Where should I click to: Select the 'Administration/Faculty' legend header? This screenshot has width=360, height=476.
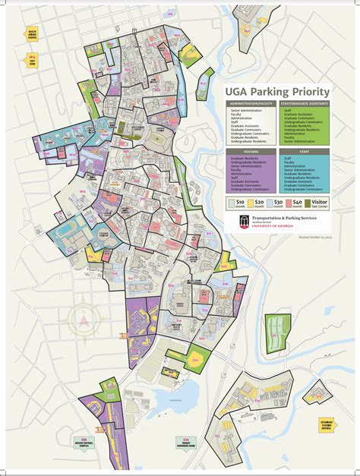251,102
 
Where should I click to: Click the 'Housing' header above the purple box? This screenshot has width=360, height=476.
251,151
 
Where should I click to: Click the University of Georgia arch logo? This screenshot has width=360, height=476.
241,222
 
